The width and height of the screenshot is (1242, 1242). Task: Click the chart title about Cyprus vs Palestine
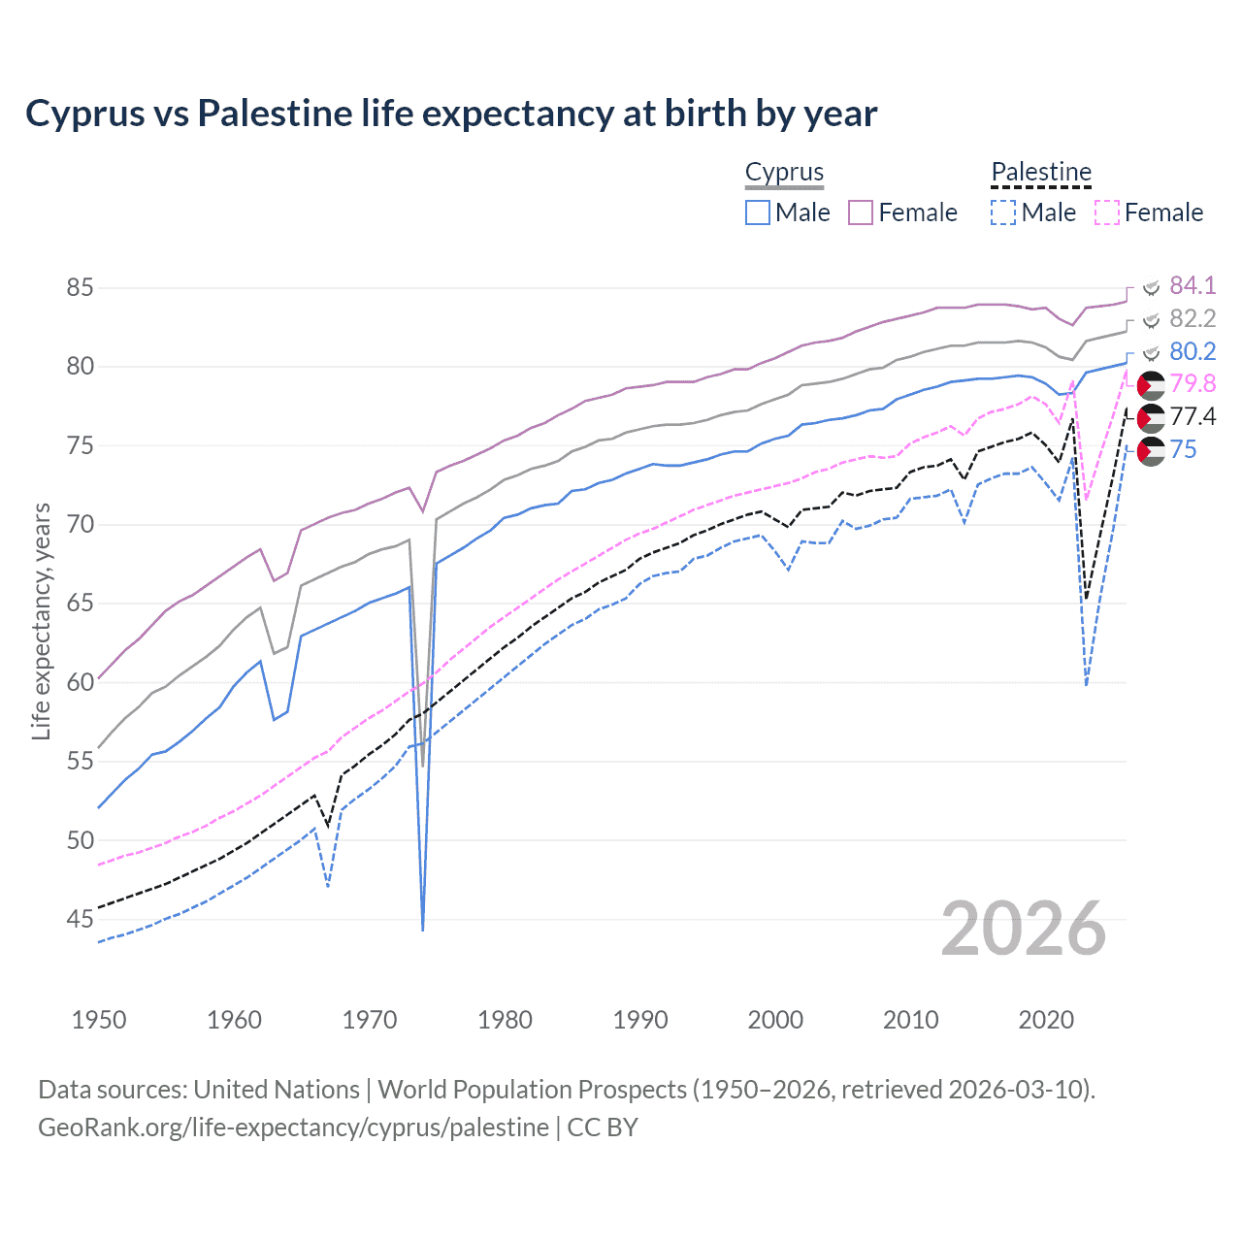tap(451, 114)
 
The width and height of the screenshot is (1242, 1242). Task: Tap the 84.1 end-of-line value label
tap(1192, 285)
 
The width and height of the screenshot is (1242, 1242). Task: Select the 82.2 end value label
tap(1192, 318)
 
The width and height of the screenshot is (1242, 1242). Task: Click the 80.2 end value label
tap(1192, 351)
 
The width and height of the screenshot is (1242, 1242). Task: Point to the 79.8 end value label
tap(1192, 384)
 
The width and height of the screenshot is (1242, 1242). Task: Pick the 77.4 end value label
tap(1192, 416)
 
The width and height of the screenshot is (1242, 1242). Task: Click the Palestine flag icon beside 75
tap(1151, 451)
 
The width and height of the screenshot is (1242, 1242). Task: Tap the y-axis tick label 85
tap(81, 288)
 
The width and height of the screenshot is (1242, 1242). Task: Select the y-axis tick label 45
tap(81, 919)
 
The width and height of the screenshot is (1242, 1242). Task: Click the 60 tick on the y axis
tap(81, 682)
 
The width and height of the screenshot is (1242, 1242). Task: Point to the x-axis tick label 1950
tap(99, 1020)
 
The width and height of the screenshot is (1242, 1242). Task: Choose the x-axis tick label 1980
tap(505, 1020)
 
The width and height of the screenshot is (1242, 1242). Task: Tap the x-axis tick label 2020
tap(1046, 1020)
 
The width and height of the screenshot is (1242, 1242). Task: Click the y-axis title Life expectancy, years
tap(41, 621)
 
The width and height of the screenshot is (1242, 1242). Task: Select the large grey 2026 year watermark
tap(1024, 930)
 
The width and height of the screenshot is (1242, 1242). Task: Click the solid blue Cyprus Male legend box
tap(758, 212)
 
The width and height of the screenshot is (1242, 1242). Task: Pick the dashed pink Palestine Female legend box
tap(1107, 212)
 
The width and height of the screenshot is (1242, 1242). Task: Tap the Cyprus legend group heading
tap(784, 172)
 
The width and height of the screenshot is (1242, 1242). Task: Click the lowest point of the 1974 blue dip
tap(423, 930)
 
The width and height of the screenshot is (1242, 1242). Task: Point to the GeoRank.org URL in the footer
tap(293, 1128)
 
